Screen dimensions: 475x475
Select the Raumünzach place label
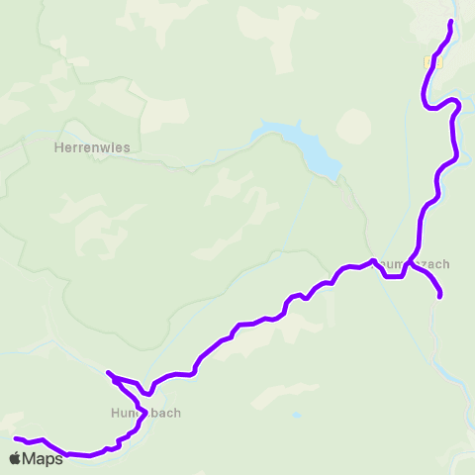(x=414, y=264)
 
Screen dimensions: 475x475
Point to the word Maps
(x=43, y=458)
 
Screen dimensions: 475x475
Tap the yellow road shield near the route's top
(x=428, y=61)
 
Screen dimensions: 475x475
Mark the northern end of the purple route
(x=451, y=22)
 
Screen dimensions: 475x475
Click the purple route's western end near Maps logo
(x=16, y=438)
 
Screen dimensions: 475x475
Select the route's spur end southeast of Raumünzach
(x=439, y=295)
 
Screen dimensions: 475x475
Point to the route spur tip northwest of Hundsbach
(x=108, y=373)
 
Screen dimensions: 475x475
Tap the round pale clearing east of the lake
(x=354, y=126)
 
